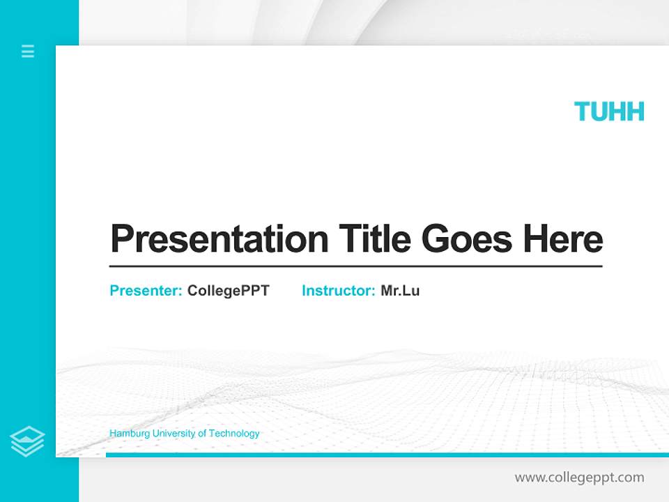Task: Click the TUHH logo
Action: tap(609, 112)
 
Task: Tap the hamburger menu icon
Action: tap(28, 51)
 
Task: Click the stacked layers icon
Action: tap(27, 441)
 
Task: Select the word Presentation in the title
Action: tap(220, 239)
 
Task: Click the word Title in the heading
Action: tap(375, 239)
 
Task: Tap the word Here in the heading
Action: tap(563, 239)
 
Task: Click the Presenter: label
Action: tap(146, 291)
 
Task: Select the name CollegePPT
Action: tap(228, 291)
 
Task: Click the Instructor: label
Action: tap(339, 291)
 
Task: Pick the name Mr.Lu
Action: tap(400, 291)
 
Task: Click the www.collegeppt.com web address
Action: tap(579, 478)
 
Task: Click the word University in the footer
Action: tap(174, 434)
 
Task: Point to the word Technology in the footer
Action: tap(234, 434)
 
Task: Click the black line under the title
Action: tap(355, 266)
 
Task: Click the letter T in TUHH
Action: tap(583, 112)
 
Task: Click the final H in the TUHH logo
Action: tap(635, 112)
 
